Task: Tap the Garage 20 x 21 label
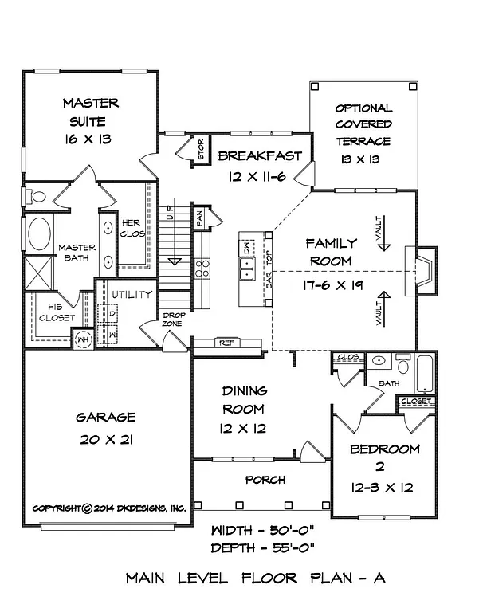click(x=105, y=428)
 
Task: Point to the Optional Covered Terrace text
click(x=363, y=124)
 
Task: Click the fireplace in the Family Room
click(x=421, y=271)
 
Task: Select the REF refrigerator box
click(x=226, y=343)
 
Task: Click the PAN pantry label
click(x=201, y=215)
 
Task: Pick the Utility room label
click(x=132, y=294)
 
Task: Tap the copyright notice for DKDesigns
click(x=108, y=508)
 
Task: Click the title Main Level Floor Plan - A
click(x=255, y=579)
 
